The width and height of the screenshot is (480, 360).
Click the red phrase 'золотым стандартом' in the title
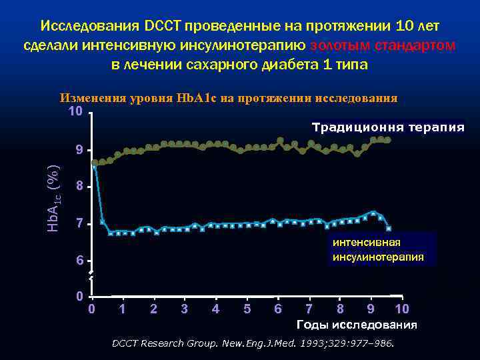[x=383, y=45]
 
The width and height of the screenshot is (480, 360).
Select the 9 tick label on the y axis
[x=79, y=151]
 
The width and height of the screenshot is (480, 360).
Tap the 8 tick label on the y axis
[x=79, y=187]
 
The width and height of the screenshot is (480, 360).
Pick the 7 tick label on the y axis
[x=79, y=224]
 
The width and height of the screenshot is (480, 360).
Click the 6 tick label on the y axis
[x=79, y=261]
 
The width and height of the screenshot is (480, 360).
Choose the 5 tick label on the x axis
[x=247, y=309]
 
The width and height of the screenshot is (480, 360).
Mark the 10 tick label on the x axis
[x=401, y=309]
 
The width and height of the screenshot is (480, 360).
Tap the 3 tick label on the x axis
[x=185, y=309]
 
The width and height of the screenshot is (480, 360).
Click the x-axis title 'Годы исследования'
[x=356, y=325]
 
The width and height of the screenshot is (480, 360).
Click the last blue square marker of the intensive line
[x=389, y=229]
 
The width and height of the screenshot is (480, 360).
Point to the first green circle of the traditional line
[x=95, y=163]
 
